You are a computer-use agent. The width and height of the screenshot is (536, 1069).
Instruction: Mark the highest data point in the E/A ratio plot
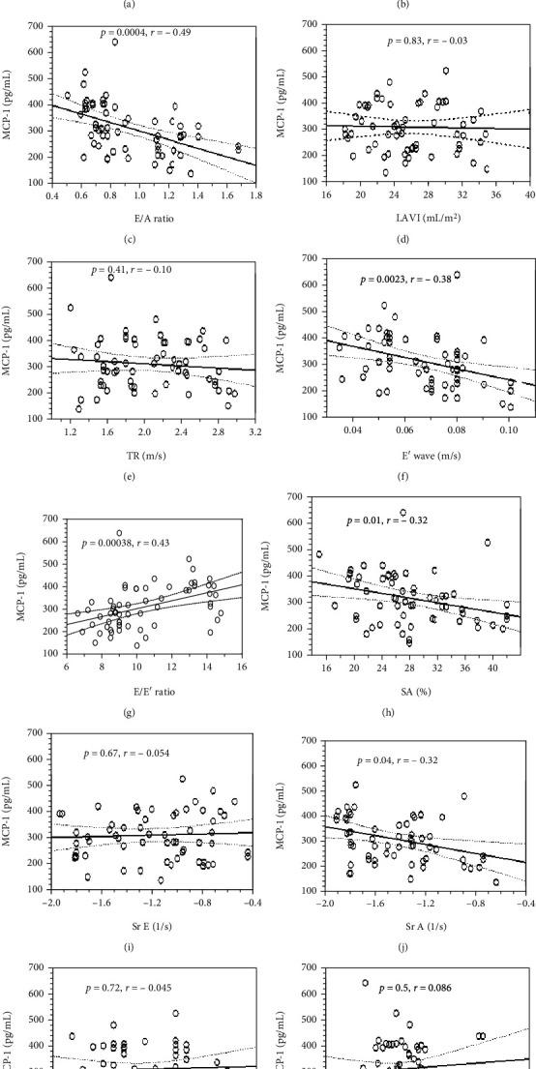pos(114,42)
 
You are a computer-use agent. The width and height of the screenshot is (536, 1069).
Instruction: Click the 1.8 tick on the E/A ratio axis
pos(255,195)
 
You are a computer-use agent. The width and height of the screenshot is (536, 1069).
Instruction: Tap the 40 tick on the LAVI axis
pos(529,196)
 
